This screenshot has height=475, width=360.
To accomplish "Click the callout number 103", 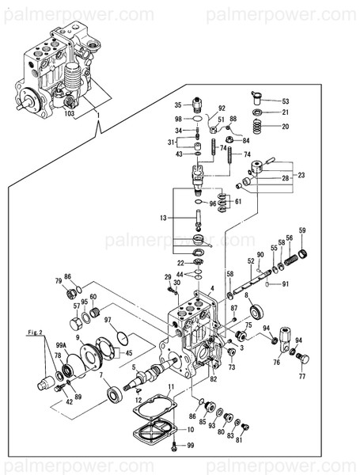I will point(70,114).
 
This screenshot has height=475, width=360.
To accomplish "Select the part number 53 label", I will point(285,101).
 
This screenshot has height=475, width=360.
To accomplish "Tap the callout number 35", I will point(178,104).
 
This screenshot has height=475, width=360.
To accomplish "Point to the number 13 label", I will point(163,217).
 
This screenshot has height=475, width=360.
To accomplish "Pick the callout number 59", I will point(301,230).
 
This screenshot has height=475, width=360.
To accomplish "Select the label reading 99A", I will point(60,345).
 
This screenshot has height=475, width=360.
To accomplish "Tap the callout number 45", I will point(129,353).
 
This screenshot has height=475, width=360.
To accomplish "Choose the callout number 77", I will point(301,377).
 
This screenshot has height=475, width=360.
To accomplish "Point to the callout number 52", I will point(251,261).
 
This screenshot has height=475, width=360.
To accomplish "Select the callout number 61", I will point(238,201).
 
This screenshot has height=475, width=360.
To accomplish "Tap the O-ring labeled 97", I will point(121,338).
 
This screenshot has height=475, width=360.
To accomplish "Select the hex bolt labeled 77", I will point(301,359).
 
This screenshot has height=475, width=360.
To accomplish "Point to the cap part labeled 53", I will point(256,98).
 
